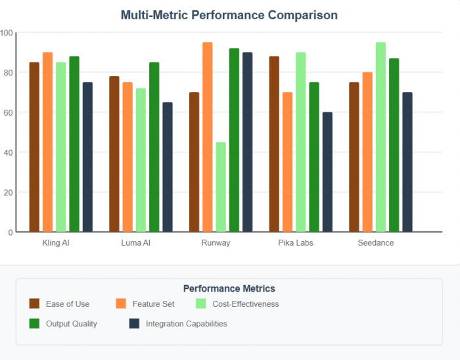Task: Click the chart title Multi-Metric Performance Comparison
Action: (x=229, y=14)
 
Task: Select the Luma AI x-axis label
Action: (x=136, y=243)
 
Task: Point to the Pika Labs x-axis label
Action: (x=296, y=243)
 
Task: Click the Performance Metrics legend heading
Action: (x=229, y=288)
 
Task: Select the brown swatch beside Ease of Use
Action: (x=34, y=304)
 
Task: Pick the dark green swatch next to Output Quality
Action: (x=34, y=323)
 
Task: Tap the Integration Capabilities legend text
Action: (x=186, y=324)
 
